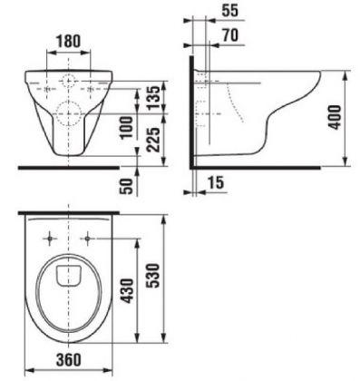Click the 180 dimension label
[x=68, y=42]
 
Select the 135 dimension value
[x=153, y=97]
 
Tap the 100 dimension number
[x=126, y=128]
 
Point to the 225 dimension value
[x=153, y=140]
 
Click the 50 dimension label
[x=127, y=187]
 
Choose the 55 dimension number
[x=230, y=11]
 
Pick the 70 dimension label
[x=230, y=35]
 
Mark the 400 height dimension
[x=335, y=117]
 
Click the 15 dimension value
[x=216, y=183]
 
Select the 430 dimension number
[x=127, y=291]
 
